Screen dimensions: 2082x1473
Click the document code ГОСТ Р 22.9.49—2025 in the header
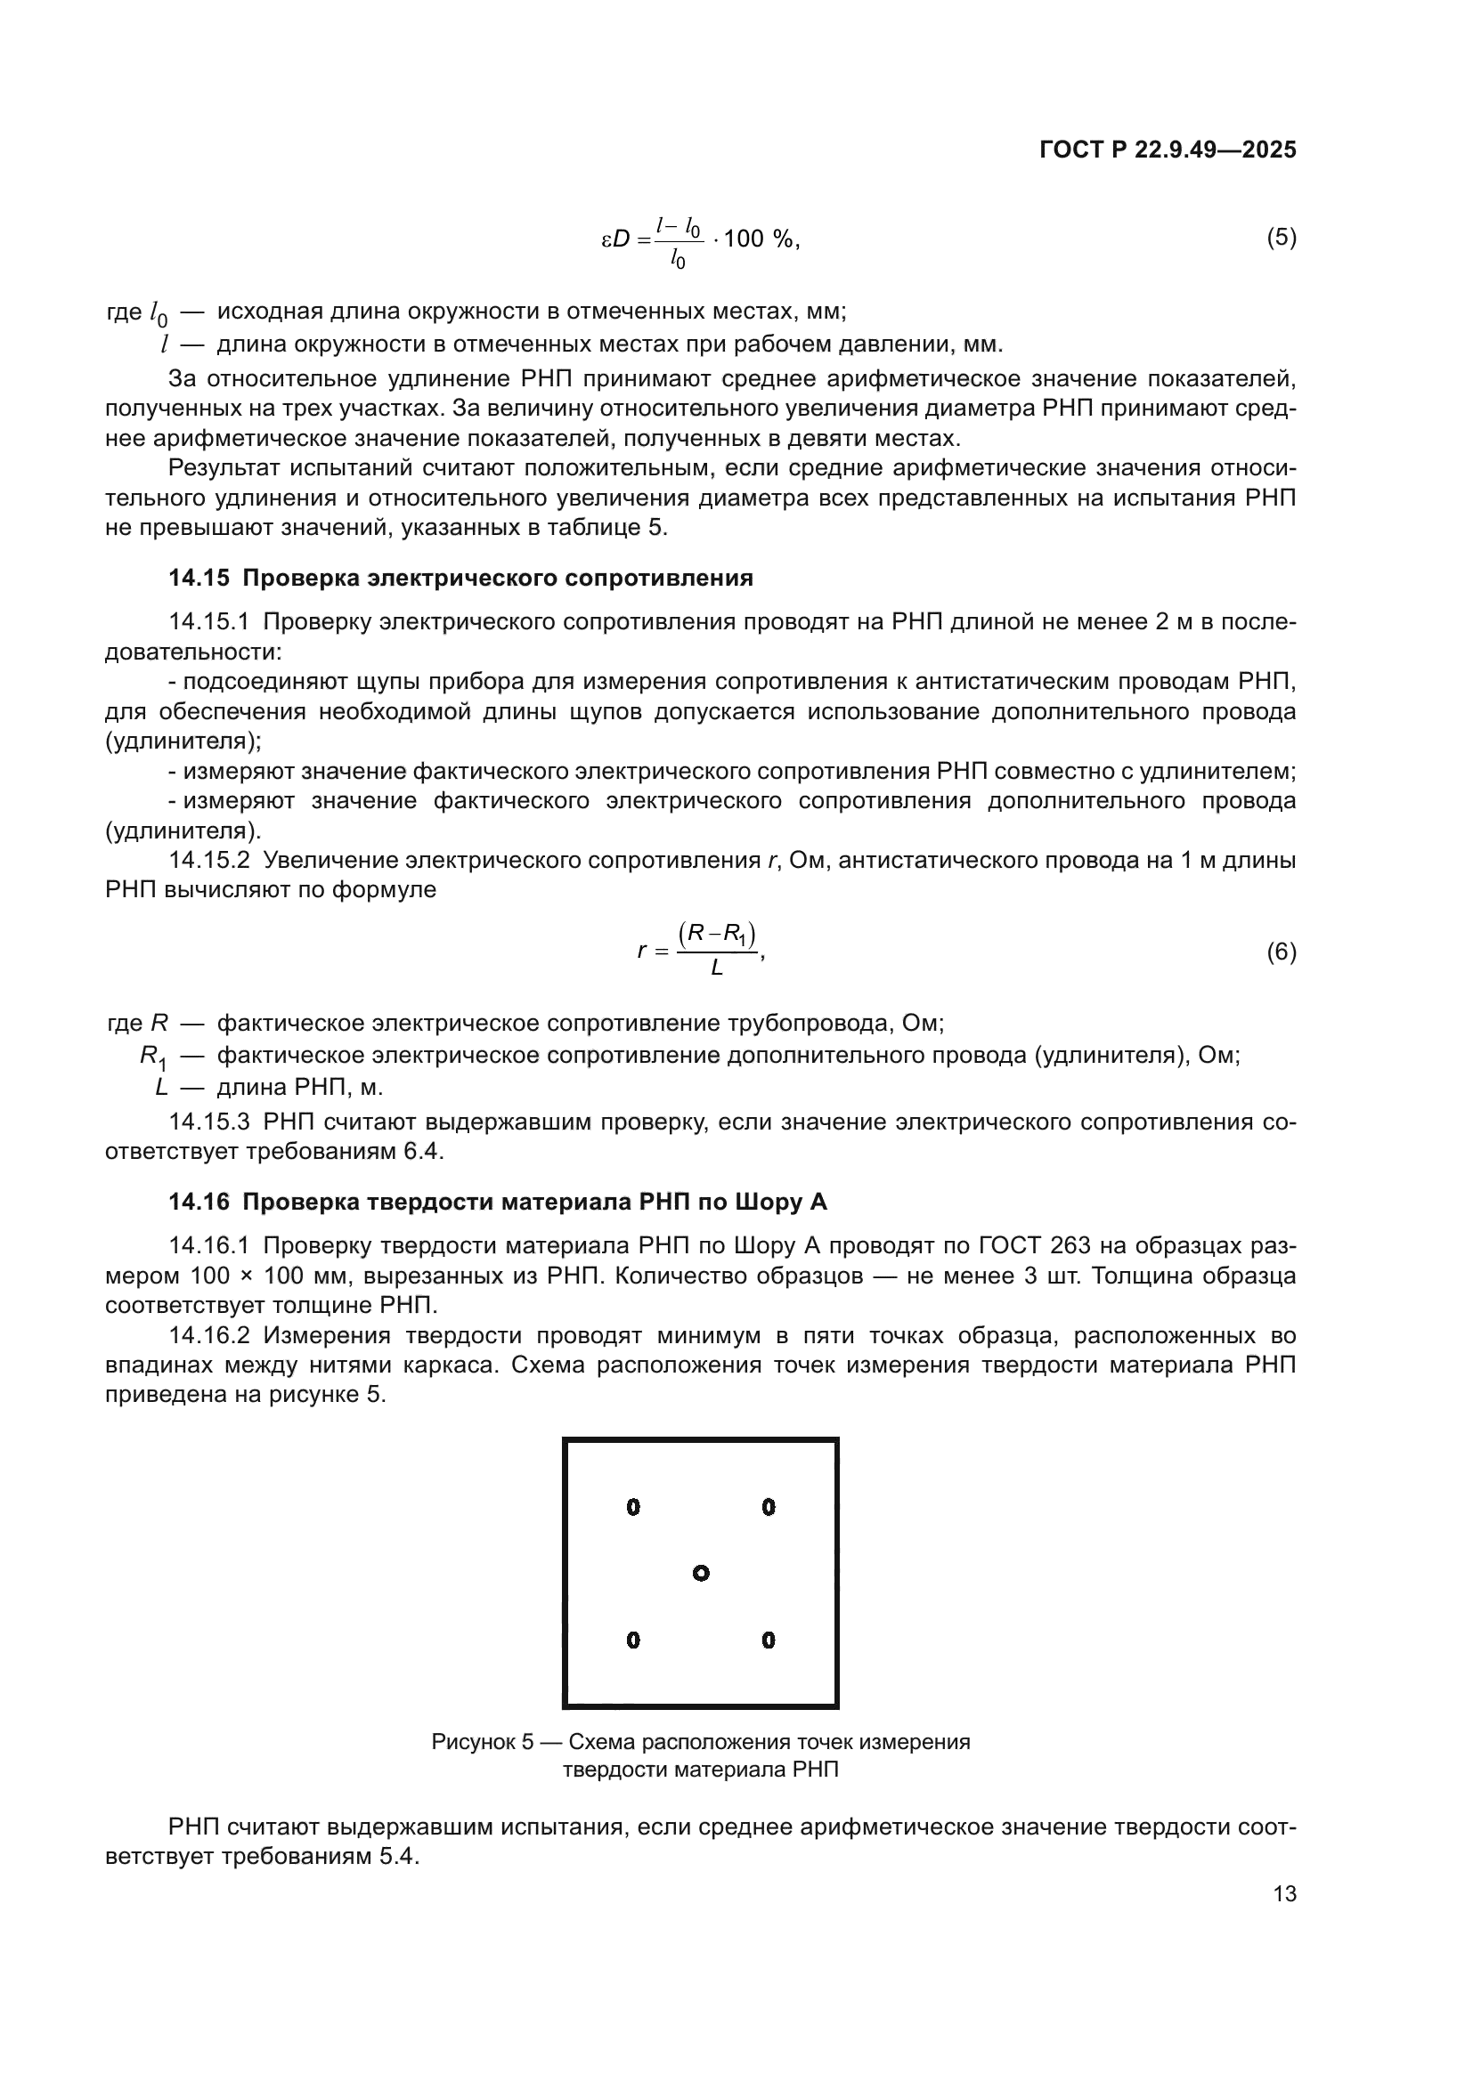(x=1168, y=150)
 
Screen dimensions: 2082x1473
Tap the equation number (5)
(x=1281, y=238)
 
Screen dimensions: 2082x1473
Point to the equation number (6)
(x=1281, y=952)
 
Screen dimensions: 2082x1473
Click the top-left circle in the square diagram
(x=633, y=1507)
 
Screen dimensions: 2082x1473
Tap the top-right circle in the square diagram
(x=769, y=1507)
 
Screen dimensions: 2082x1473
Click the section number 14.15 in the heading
(x=199, y=578)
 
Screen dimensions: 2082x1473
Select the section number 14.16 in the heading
(x=199, y=1202)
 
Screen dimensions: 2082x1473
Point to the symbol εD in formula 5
(x=616, y=239)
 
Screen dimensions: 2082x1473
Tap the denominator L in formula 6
(x=717, y=968)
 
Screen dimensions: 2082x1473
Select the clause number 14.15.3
(x=208, y=1122)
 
